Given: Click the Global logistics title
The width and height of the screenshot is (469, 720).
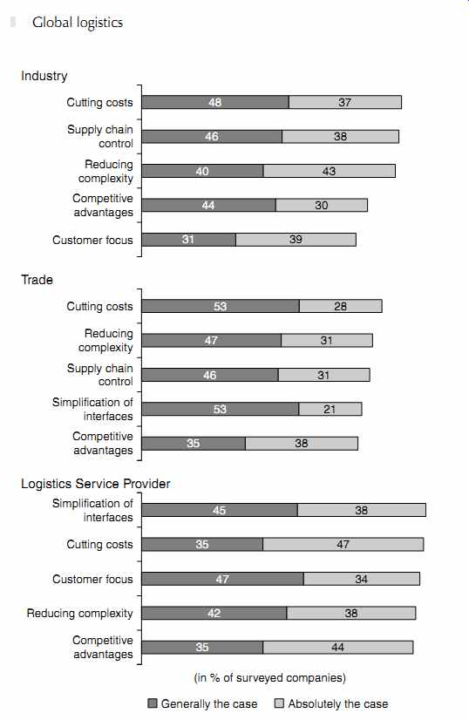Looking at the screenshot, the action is point(78,23).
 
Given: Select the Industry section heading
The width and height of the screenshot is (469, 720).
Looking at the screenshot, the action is point(44,76).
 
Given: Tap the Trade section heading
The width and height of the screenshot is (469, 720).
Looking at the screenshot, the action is point(37,280).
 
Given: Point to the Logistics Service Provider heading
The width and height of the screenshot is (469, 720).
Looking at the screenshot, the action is point(96,484).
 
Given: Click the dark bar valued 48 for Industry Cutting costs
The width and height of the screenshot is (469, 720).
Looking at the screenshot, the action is point(215,102).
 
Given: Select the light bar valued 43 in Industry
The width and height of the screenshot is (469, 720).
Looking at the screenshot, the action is point(330,171).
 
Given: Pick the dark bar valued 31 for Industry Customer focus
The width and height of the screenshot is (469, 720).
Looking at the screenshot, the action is point(189,239).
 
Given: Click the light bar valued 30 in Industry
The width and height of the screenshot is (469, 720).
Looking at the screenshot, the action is point(322,205).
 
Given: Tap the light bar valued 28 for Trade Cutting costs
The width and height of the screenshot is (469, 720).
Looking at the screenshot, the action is point(341,306).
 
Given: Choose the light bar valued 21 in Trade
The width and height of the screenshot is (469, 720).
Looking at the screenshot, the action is point(330,409).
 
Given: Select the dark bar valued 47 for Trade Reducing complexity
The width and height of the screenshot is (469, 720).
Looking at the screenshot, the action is point(212,340).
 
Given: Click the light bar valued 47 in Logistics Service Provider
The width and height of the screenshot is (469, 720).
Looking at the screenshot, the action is point(343,544).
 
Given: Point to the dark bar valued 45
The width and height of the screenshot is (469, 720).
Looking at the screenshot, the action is point(220,510).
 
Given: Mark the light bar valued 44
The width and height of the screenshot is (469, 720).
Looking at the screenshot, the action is point(338,647).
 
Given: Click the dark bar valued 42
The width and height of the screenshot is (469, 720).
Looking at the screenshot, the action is point(214,613).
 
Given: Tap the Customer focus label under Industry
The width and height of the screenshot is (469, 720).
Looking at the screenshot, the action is point(92,240).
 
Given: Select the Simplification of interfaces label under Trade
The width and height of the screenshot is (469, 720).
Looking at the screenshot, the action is point(92,409).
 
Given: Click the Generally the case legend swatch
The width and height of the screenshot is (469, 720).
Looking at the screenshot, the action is point(153,703).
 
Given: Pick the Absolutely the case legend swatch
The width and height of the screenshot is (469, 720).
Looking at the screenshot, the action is point(279,703).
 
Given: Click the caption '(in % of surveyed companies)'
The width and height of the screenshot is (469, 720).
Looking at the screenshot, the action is point(270,677).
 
